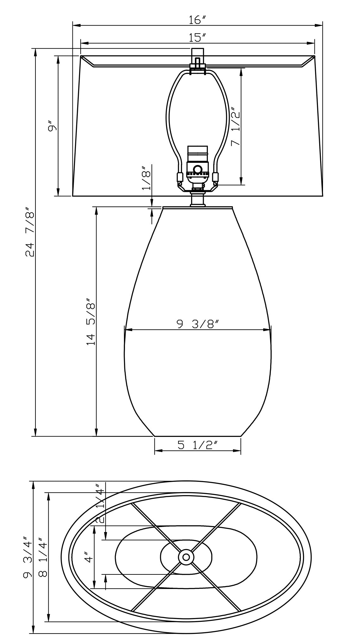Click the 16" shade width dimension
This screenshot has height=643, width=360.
[x=197, y=20]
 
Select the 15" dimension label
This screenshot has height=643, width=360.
[x=197, y=38]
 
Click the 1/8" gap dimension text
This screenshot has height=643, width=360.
[x=146, y=179]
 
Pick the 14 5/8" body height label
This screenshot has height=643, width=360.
[x=91, y=321]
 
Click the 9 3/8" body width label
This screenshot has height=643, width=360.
[x=198, y=324]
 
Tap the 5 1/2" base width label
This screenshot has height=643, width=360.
[x=197, y=445]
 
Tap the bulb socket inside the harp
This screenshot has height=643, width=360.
[x=197, y=166]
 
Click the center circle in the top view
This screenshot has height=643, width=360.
[x=186, y=557]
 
